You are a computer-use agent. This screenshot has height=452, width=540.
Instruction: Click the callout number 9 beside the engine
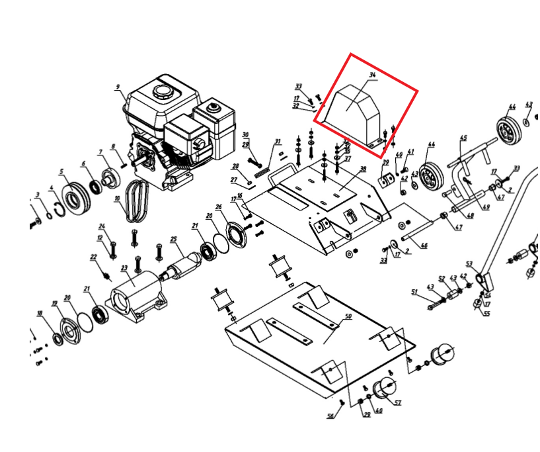[118, 87]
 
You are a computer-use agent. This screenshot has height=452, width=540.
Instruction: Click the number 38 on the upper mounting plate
[362, 169]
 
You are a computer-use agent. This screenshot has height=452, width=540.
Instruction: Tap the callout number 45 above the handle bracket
[463, 138]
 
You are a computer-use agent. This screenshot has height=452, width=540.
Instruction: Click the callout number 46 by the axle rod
[424, 246]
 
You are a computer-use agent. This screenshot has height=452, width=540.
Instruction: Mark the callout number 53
[470, 263]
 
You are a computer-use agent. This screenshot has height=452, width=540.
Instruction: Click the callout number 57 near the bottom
[398, 402]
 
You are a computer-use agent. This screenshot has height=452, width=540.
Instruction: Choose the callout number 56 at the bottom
[330, 416]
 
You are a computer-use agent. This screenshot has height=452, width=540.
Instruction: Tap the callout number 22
[93, 257]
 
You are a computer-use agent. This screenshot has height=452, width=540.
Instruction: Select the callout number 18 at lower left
[40, 313]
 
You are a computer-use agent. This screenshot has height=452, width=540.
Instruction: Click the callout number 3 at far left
[38, 195]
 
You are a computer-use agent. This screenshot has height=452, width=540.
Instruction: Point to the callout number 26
[218, 207]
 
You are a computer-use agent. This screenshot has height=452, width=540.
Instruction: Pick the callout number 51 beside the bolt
[414, 291]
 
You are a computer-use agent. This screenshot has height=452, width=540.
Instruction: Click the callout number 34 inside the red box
[372, 76]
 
